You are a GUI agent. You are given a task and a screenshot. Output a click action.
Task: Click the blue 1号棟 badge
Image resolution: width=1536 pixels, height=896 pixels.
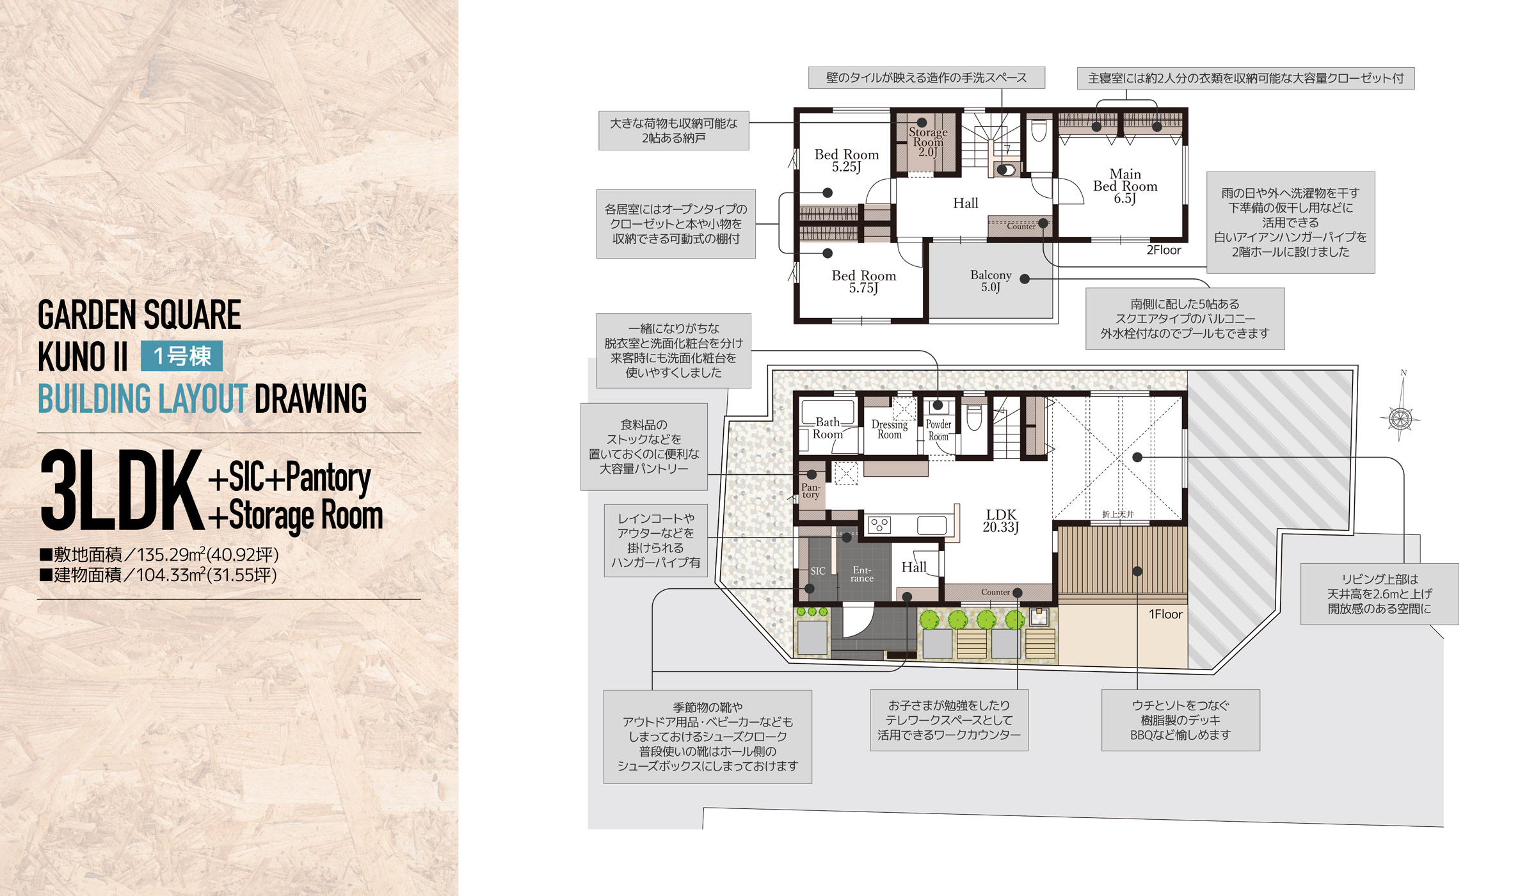[x=182, y=356]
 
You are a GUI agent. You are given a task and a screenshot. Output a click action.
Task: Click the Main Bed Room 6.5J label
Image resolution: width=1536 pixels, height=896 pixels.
[x=1125, y=186]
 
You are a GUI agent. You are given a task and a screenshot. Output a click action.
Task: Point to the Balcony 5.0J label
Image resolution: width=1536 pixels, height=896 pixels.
[x=991, y=280]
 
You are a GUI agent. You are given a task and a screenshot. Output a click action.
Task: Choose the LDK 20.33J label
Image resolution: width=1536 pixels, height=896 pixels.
[x=1001, y=520]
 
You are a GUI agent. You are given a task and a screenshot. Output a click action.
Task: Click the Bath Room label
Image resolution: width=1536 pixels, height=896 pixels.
[x=828, y=428]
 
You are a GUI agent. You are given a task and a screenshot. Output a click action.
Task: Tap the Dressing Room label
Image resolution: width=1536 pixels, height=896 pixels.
[x=890, y=429]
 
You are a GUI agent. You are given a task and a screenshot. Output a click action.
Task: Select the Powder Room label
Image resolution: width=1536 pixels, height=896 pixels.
[x=938, y=430]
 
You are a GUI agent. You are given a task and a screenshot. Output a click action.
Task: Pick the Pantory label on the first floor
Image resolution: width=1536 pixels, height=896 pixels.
[x=811, y=490]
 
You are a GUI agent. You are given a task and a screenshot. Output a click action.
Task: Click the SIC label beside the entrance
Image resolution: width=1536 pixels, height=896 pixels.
[x=818, y=571]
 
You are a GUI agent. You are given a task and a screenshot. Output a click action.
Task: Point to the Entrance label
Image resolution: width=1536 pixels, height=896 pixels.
[x=862, y=574]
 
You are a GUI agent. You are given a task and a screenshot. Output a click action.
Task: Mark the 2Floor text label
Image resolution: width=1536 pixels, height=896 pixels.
[x=1164, y=250]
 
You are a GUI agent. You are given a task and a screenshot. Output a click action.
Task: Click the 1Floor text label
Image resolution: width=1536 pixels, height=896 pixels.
[x=1165, y=614]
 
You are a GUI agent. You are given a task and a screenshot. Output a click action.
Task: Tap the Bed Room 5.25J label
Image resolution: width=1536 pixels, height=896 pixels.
[x=847, y=161]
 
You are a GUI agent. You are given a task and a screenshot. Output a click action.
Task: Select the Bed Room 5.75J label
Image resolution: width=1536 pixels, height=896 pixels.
[x=864, y=282]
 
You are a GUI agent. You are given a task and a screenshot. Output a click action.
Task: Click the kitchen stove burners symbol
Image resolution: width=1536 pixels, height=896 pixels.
[x=879, y=525]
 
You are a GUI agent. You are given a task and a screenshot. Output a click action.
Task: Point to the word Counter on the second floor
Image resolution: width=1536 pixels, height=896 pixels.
[x=1021, y=227]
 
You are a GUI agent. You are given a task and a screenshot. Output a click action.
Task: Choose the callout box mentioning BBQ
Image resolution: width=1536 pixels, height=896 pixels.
[x=1181, y=720]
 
